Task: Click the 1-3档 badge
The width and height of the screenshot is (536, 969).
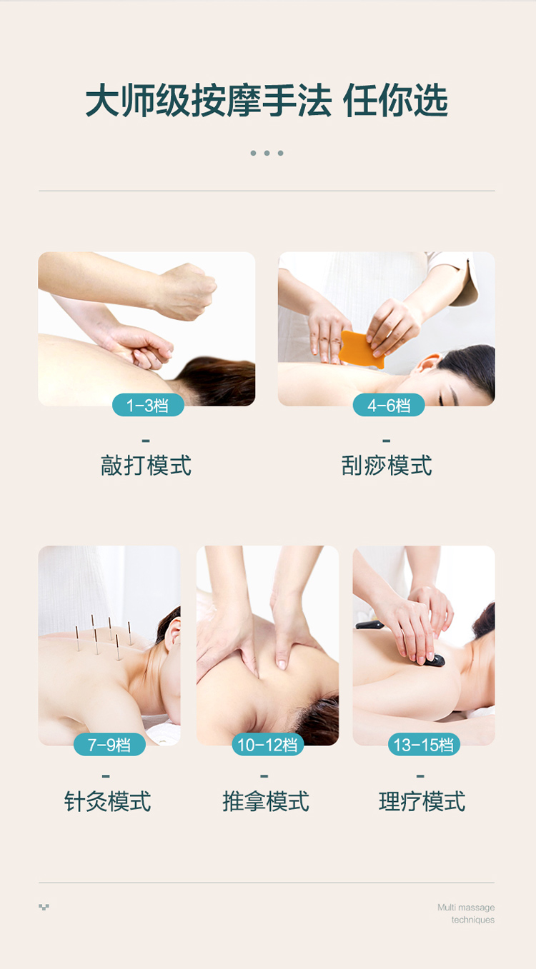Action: click(148, 405)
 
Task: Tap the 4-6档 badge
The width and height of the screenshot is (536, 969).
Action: click(389, 405)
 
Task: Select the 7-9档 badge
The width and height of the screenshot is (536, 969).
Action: click(109, 745)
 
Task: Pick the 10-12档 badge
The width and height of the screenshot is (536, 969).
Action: click(267, 745)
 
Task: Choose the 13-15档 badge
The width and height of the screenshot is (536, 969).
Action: click(424, 745)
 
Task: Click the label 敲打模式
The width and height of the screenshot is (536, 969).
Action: click(146, 466)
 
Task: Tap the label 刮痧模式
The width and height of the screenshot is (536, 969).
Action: click(387, 466)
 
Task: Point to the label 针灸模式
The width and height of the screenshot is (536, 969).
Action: click(107, 801)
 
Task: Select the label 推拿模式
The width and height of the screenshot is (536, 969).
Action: click(266, 801)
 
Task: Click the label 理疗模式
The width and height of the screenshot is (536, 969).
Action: click(422, 801)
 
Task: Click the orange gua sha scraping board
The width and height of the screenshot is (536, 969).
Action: click(360, 349)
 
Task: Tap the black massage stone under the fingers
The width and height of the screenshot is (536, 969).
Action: click(433, 661)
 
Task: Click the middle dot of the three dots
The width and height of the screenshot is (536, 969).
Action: click(267, 153)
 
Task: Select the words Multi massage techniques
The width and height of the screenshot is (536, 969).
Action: click(466, 913)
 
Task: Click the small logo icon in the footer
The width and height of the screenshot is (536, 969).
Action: click(44, 907)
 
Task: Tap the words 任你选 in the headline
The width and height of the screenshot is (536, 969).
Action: click(395, 101)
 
